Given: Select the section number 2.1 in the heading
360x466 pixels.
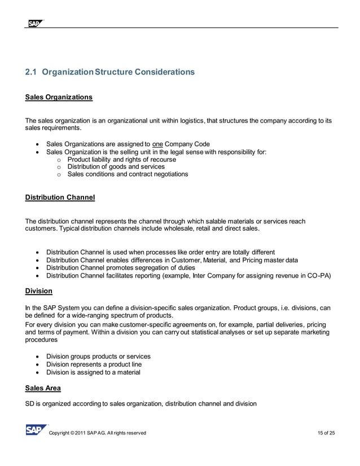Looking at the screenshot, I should click(32, 72).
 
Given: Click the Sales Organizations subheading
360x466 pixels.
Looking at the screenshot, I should click(59, 97).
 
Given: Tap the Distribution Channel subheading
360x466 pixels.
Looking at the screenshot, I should click(60, 197).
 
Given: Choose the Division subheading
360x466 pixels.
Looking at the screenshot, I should click(39, 291).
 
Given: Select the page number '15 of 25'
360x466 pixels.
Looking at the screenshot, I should click(326, 433).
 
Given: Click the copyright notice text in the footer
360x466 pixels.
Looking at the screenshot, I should click(98, 433).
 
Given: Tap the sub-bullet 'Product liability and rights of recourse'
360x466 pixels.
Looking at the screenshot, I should click(121, 160).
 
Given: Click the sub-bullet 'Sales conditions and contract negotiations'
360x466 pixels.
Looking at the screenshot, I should click(128, 174).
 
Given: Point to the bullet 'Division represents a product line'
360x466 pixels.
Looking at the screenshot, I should click(94, 364).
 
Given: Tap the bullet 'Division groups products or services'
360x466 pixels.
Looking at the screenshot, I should click(98, 357).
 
